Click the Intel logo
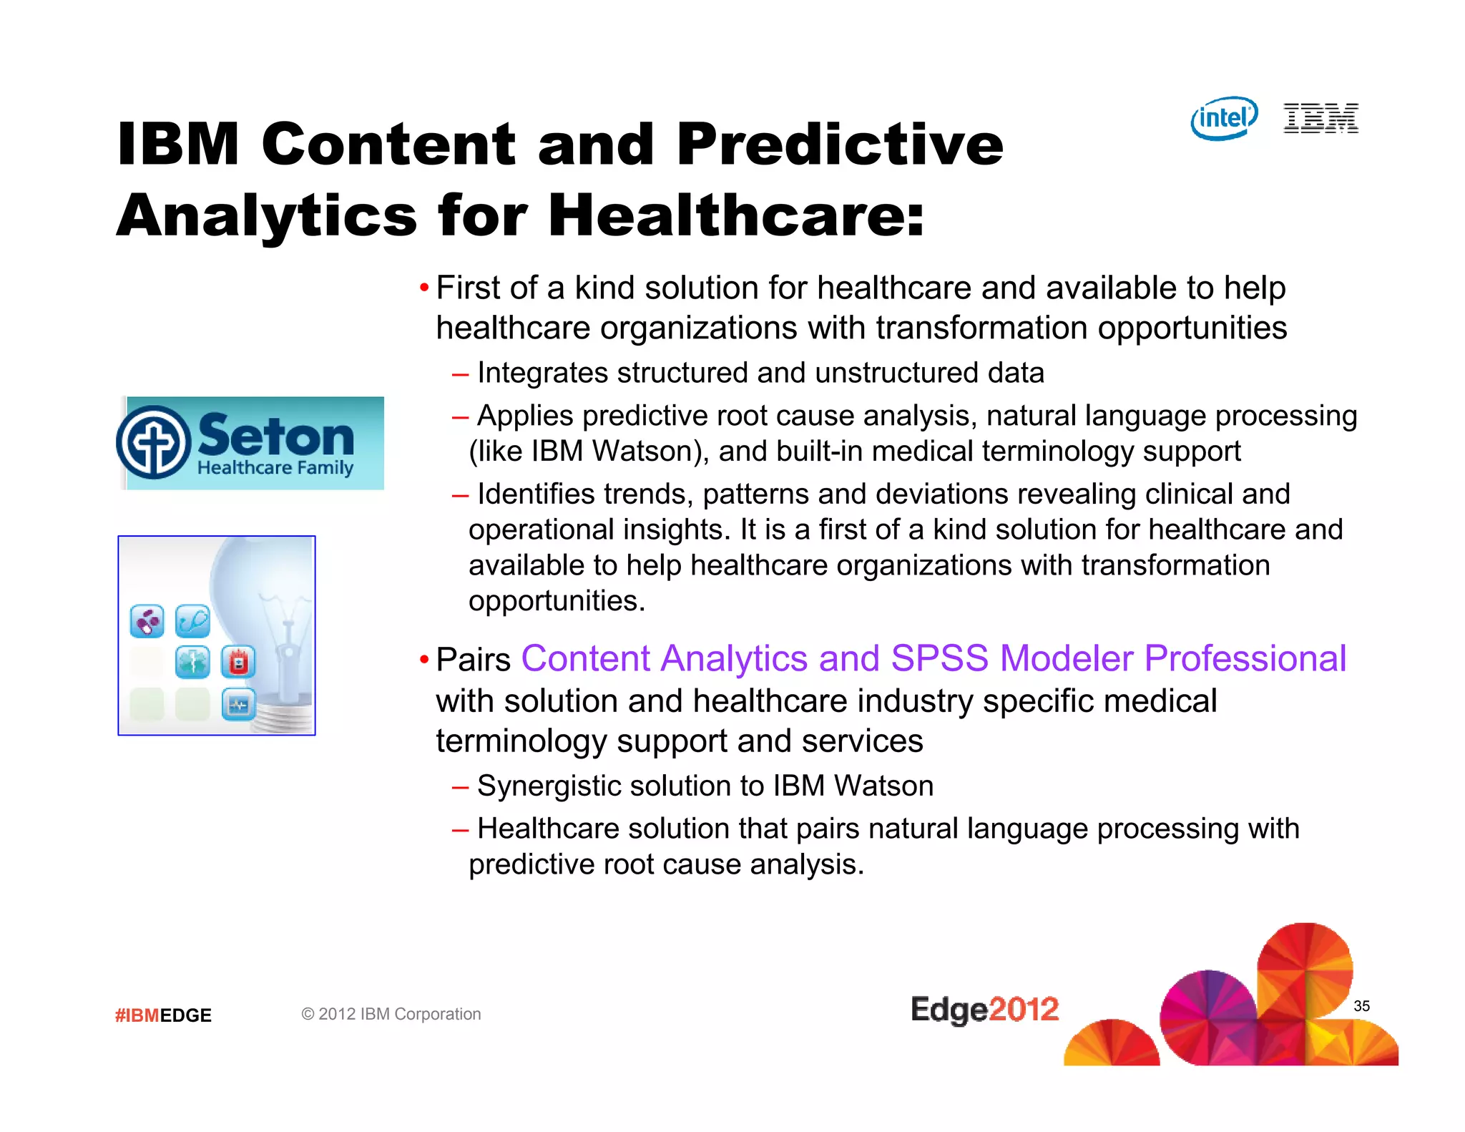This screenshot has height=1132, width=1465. pos(1224,118)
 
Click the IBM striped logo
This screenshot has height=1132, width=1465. pos(1321,118)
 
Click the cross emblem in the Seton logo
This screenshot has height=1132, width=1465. pos(154,442)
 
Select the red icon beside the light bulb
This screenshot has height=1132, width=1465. pos(238,662)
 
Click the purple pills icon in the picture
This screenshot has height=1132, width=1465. pos(147,621)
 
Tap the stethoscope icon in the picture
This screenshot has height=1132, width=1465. pos(192,621)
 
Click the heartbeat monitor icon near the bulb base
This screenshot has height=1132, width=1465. pos(238,705)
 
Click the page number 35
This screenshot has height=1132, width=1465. pos(1361,1006)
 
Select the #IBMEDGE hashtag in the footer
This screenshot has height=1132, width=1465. pos(163,1015)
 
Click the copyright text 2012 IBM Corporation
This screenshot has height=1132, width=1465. pos(391,1014)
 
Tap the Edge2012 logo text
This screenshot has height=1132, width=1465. pos(984,1010)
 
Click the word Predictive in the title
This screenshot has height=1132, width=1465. pos(840,145)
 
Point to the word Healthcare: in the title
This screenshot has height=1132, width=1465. pos(736,215)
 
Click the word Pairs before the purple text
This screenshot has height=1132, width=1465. pos(473,659)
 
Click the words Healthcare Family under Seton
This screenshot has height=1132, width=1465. pos(275,468)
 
